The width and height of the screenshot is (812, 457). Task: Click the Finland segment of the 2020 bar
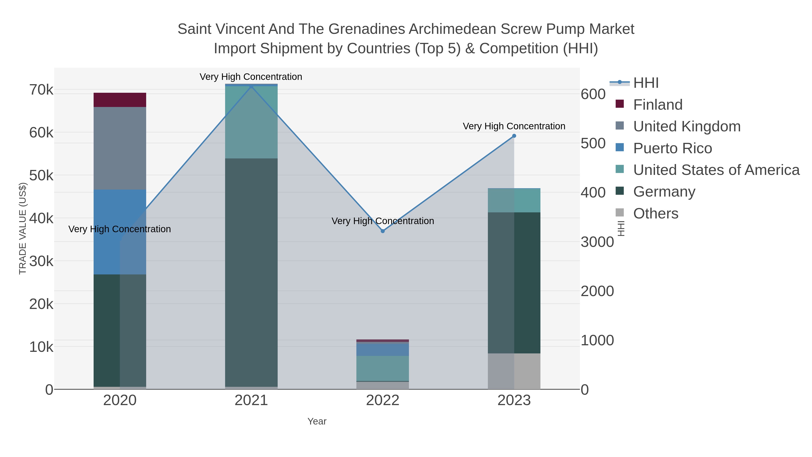pos(120,100)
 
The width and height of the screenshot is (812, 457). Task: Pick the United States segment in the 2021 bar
pos(251,122)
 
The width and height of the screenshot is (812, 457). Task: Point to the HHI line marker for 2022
pos(383,231)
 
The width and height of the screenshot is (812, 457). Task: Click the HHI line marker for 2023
pos(514,136)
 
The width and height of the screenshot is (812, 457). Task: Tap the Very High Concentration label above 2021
pos(251,77)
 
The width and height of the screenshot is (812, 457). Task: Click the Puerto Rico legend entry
pos(672,148)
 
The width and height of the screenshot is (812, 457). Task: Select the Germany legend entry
pos(664,192)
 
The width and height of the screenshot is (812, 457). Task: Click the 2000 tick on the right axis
pos(597,291)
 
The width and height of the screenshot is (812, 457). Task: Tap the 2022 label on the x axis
pos(383,401)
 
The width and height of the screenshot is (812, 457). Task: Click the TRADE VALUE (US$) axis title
pos(23,228)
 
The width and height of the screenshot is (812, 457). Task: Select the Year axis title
pos(317,421)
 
